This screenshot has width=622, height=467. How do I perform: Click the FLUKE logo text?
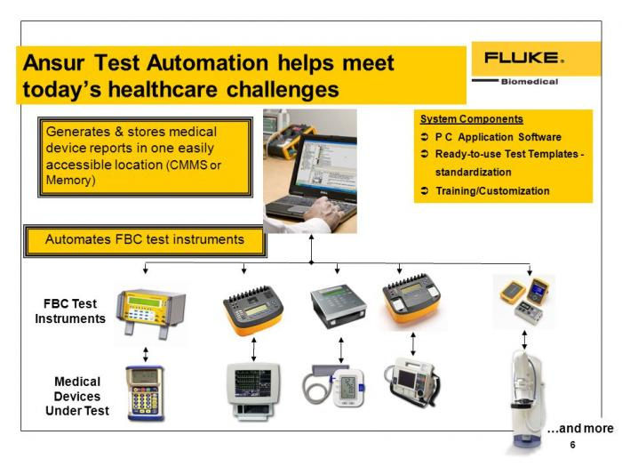point(523,58)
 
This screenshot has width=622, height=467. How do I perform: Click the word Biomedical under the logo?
point(530,82)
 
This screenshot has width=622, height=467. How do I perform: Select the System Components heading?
point(472,119)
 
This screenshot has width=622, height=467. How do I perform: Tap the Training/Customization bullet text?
point(492,191)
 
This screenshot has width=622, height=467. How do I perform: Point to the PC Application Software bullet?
point(498,137)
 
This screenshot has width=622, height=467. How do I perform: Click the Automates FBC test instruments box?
point(145,241)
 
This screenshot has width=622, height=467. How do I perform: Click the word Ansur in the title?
point(53,63)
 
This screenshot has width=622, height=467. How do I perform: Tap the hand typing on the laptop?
point(324,212)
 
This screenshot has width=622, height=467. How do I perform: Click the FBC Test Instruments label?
point(70,311)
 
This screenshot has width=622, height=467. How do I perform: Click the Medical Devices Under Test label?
point(77,396)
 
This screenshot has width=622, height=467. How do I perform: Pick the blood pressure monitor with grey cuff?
point(333,386)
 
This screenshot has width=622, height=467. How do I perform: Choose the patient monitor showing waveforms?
point(253,390)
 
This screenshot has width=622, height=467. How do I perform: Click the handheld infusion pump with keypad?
point(145,393)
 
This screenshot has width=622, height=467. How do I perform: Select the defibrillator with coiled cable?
point(412,382)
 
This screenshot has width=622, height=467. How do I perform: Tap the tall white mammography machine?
point(525,400)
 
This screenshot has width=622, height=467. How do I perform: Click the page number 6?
point(572,445)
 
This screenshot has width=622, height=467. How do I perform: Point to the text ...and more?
point(580,429)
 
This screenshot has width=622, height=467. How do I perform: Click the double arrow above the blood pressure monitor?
point(341,350)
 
